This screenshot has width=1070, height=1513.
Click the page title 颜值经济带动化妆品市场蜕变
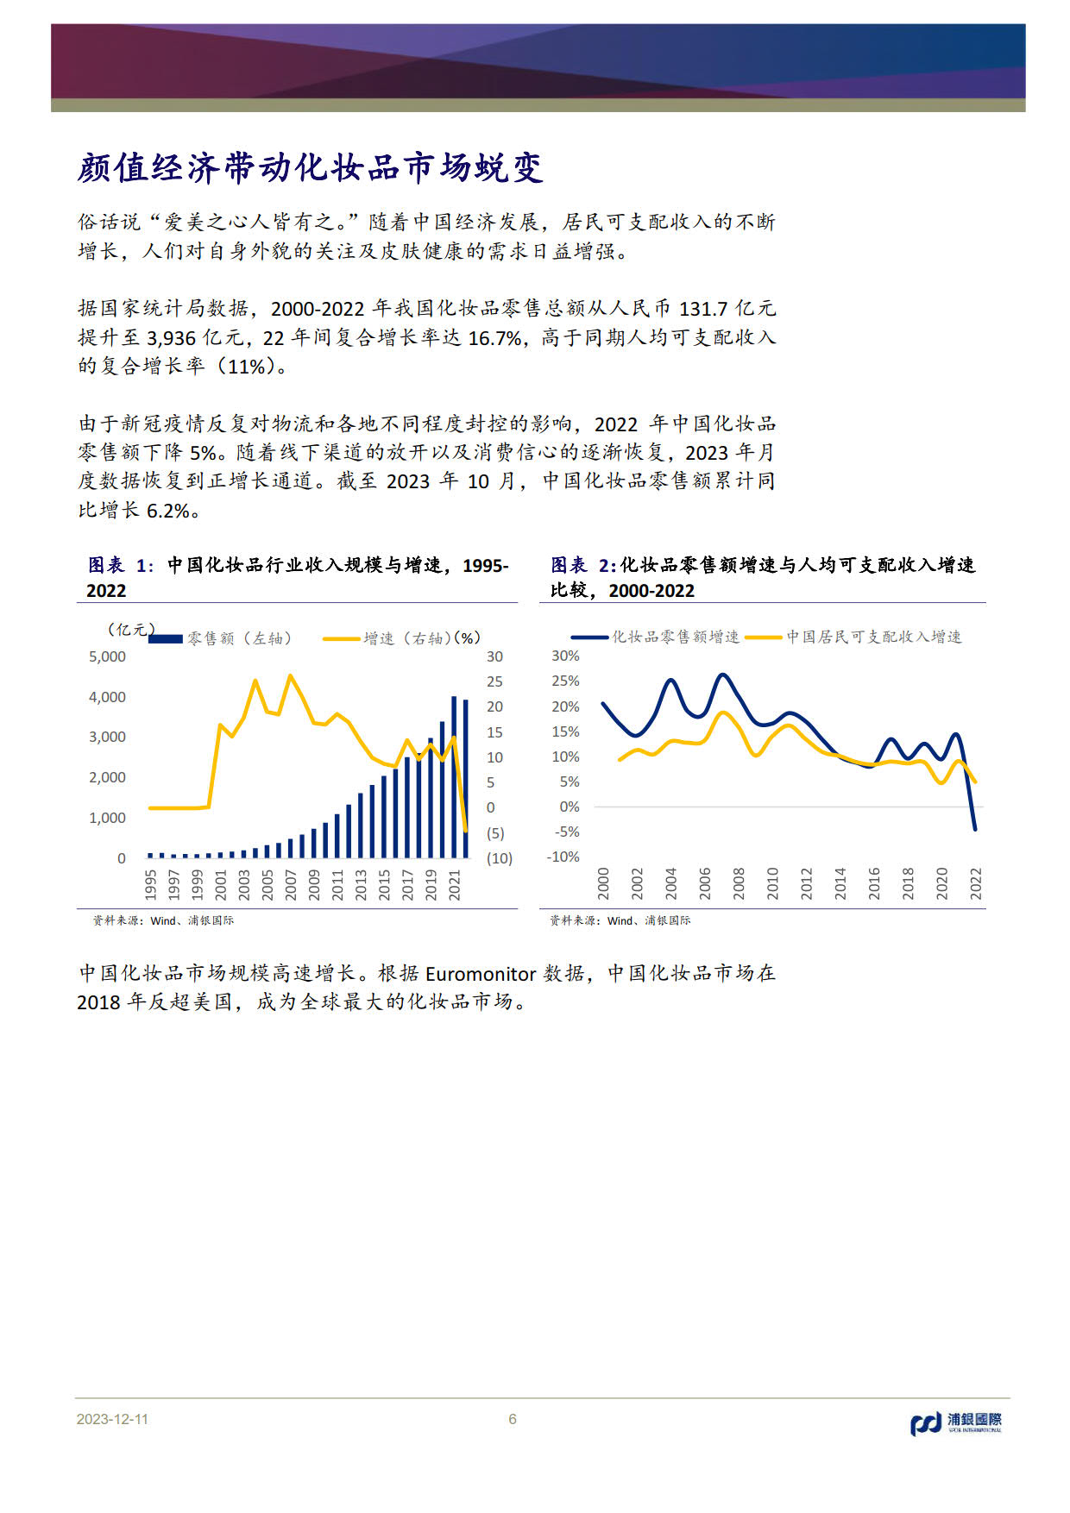point(311,167)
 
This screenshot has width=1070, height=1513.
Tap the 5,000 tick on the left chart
point(107,657)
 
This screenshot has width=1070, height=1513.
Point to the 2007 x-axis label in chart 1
point(291,885)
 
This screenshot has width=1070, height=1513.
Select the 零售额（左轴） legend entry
point(221,638)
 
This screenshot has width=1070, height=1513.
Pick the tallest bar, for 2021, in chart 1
point(454,776)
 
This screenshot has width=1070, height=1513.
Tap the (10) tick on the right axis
point(499,858)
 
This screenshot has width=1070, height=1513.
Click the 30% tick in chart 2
point(566,656)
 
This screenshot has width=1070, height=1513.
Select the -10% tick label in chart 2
point(563,857)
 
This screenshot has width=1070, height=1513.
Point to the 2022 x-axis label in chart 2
point(976,884)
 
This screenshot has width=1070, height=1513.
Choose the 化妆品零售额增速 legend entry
point(656,637)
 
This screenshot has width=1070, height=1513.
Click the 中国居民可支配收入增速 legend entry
point(853,637)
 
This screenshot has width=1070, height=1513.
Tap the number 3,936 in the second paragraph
point(172,337)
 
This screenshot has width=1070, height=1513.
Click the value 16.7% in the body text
point(495,337)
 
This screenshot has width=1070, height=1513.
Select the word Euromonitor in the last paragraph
point(481,974)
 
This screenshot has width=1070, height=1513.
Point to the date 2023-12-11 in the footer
point(112,1419)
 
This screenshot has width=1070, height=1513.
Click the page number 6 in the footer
point(513,1419)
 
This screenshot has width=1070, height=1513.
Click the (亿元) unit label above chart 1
point(131,630)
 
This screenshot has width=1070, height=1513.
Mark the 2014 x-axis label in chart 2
point(840,884)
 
